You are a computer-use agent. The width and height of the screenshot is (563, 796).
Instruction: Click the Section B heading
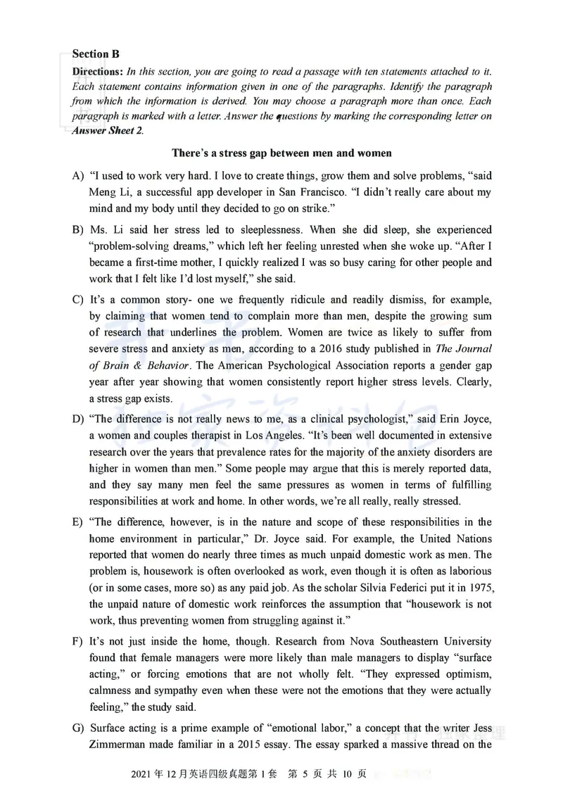(x=96, y=54)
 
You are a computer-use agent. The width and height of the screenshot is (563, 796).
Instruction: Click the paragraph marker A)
(x=78, y=175)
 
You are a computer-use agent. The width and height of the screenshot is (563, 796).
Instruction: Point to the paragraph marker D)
(x=78, y=419)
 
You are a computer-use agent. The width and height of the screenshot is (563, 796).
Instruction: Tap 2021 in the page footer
(x=143, y=774)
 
